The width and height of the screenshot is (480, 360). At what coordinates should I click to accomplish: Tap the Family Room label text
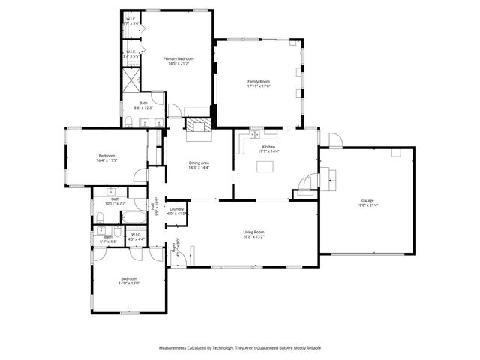click(259, 81)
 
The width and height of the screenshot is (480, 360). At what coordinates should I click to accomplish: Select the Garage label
click(367, 201)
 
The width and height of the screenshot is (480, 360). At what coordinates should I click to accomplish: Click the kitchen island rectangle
click(265, 167)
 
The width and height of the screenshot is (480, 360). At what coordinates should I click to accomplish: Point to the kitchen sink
click(254, 134)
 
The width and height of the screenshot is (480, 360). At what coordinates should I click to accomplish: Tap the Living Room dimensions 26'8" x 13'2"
click(253, 237)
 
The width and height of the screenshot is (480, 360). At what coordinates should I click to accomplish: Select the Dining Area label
click(199, 163)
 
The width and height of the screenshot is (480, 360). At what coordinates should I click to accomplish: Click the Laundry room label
click(177, 209)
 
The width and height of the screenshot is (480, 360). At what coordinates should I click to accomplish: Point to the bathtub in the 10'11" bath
click(135, 218)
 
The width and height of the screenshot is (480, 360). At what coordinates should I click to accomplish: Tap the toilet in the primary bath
click(128, 121)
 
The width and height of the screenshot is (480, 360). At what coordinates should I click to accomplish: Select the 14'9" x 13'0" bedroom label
click(129, 283)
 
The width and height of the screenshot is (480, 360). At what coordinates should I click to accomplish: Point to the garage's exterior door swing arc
click(334, 140)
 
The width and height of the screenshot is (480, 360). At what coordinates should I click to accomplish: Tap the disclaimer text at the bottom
click(239, 348)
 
